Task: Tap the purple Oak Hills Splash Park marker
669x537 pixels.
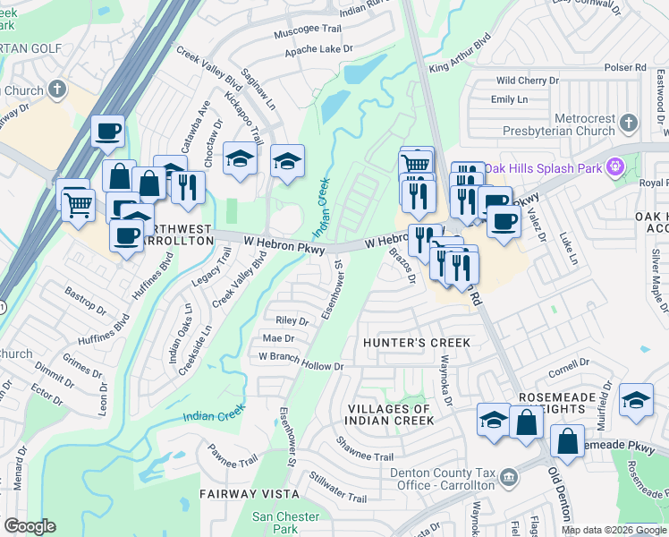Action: [x=614, y=166]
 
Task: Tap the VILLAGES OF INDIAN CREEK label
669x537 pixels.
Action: [x=389, y=414]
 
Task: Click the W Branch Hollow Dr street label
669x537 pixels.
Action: [x=301, y=366]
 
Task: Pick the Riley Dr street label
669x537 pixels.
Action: [x=292, y=320]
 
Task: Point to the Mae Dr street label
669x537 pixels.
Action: [x=278, y=338]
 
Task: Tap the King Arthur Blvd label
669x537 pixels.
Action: [x=461, y=55]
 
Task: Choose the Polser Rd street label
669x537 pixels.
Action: [x=624, y=67]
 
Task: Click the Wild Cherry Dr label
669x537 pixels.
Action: [x=527, y=81]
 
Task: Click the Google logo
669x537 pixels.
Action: [x=30, y=526]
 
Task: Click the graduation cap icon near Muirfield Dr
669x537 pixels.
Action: [x=636, y=399]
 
